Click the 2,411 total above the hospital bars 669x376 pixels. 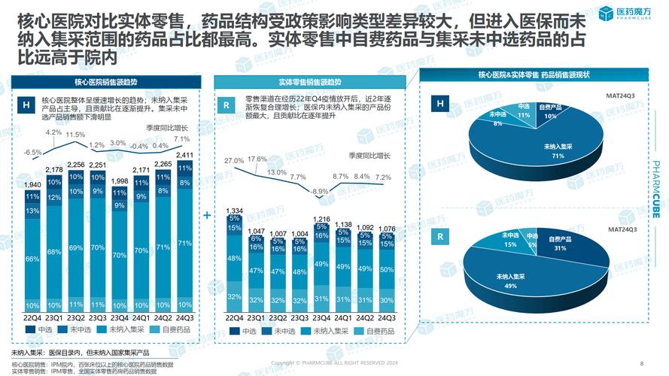coord(183,156)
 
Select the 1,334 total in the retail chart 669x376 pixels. coord(234,211)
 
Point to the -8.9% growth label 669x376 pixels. coord(320,191)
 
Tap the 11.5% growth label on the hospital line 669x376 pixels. coord(75,135)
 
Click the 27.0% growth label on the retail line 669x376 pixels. coord(234,161)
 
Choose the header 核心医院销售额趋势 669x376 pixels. coord(106,81)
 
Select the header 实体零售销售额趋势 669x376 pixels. coord(309,81)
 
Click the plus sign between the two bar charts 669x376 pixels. coord(207,214)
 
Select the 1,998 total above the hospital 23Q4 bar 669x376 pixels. coord(119,181)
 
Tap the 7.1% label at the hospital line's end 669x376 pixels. coord(181,139)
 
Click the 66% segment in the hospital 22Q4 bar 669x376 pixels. coord(32,259)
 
